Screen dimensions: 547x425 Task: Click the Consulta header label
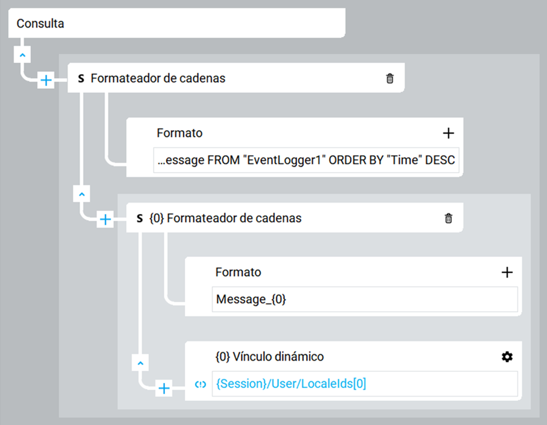coord(40,24)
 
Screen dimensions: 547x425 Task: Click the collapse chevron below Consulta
coord(22,55)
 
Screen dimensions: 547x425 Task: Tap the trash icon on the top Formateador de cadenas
coord(390,78)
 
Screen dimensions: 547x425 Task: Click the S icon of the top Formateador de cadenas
coord(81,78)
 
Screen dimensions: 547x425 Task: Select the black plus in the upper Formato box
coord(448,133)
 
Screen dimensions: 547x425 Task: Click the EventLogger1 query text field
coord(306,160)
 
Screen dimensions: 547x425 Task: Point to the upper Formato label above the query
coord(180,133)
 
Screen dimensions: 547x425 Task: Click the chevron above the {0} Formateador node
coord(82,194)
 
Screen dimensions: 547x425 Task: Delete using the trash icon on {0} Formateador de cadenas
coord(448,218)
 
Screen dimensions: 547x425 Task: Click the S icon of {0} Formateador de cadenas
coord(140,218)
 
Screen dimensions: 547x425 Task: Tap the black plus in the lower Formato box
coord(507,272)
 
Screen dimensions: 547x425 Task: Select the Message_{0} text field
coord(365,299)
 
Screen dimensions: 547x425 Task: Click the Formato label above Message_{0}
coord(238,272)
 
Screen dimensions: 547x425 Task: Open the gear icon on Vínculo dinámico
coord(507,357)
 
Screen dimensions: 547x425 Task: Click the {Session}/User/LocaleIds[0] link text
coord(291,384)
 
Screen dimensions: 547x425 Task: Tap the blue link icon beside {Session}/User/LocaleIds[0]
coord(201,384)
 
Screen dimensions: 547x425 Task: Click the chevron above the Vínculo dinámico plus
coord(140,363)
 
